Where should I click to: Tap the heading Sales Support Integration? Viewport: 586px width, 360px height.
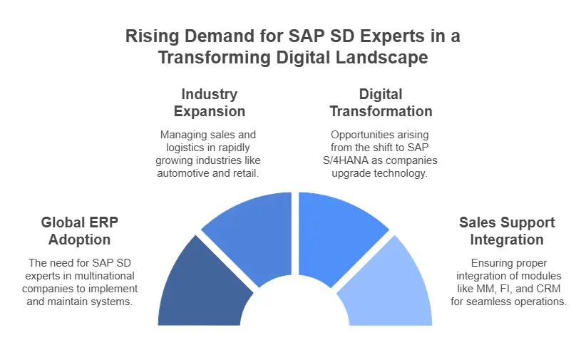pos(507,231)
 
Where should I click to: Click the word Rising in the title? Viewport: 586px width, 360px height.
pos(148,36)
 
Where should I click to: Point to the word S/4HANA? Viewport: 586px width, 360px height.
pos(351,160)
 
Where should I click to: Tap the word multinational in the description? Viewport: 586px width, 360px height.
pos(102,274)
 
